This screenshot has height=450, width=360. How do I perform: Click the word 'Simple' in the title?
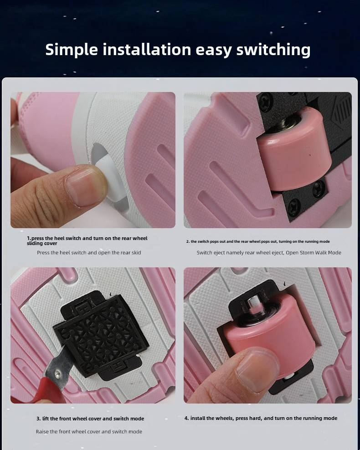click(72, 50)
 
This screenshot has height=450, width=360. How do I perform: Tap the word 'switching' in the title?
click(273, 50)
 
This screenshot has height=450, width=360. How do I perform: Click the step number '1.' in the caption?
click(29, 238)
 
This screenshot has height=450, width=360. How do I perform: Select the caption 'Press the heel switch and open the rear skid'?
click(89, 252)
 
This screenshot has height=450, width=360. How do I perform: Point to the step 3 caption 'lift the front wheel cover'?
click(72, 419)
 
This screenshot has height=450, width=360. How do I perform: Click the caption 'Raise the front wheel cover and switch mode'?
click(89, 431)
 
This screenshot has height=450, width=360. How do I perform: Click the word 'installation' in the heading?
click(147, 50)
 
